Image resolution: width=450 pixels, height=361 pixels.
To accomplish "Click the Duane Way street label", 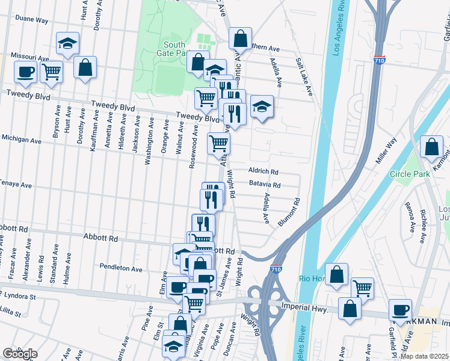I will [32, 20].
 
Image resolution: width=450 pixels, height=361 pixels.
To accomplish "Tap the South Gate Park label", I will [174, 49].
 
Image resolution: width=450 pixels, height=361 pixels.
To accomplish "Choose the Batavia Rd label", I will [265, 185].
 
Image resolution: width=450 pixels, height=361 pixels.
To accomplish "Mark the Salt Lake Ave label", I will [304, 77].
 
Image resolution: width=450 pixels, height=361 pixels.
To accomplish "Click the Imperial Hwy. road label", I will [304, 309].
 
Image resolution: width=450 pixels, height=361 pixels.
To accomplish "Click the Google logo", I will [20, 353].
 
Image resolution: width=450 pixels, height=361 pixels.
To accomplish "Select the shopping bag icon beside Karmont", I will [432, 147].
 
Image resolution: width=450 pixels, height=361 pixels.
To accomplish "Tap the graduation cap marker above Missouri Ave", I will [67, 43].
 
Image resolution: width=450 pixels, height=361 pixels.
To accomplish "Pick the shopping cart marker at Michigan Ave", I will [218, 143].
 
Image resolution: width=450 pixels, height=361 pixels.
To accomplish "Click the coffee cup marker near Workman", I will [400, 309].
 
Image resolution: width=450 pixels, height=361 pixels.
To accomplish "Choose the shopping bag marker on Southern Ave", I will [239, 39].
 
